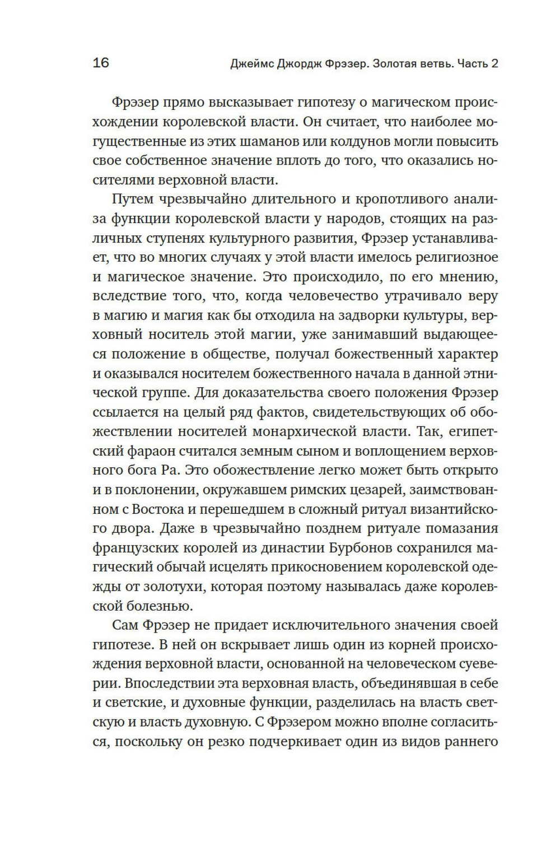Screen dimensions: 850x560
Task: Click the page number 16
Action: [x=101, y=63]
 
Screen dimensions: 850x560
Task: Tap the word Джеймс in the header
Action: [x=251, y=63]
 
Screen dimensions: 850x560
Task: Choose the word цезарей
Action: [x=373, y=490]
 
